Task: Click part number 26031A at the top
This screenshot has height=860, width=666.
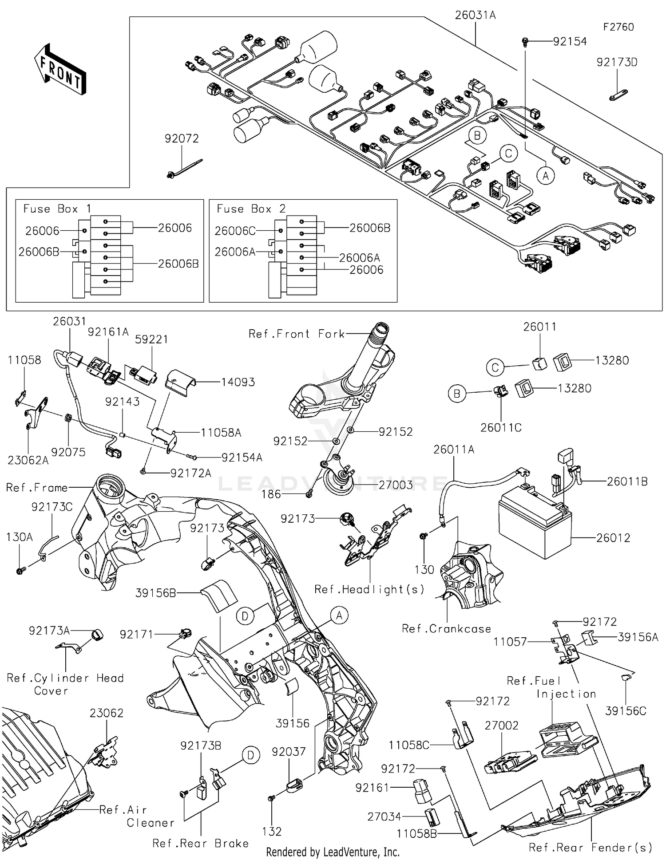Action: (x=476, y=16)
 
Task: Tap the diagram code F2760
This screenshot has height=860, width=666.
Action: (x=618, y=27)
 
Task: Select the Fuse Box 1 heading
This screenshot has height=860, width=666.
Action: (x=57, y=209)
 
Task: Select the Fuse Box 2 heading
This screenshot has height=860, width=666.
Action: (x=251, y=209)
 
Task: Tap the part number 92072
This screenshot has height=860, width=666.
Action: (x=182, y=138)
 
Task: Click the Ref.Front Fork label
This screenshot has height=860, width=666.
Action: (x=297, y=334)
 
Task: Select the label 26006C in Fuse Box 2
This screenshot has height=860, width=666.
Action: (x=235, y=231)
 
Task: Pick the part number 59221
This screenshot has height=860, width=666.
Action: (x=151, y=339)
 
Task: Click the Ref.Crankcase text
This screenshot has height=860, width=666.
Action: (x=446, y=629)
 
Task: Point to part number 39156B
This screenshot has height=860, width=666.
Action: (x=156, y=593)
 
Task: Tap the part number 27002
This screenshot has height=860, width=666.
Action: (x=501, y=725)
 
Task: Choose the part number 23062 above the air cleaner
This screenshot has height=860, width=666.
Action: (x=106, y=713)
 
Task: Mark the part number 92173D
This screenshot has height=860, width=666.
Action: (x=617, y=63)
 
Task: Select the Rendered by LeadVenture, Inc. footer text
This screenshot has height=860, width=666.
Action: (x=333, y=852)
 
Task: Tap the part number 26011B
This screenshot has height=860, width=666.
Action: (x=627, y=481)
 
